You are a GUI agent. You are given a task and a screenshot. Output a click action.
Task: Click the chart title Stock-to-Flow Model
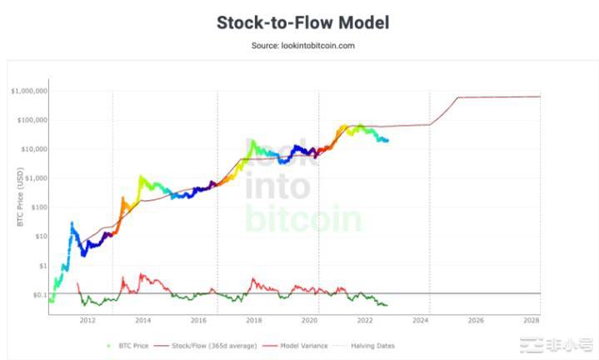tap(302, 22)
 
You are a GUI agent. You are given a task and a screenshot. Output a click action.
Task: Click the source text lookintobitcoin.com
tap(302, 45)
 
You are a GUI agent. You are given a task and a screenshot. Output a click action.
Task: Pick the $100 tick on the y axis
tap(39, 207)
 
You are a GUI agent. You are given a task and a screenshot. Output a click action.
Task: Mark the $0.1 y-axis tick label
tap(40, 295)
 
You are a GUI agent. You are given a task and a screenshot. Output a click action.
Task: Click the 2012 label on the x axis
tap(87, 320)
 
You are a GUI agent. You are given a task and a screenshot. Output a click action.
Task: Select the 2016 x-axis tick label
tap(198, 320)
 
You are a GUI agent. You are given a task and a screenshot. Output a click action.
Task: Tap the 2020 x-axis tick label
tap(310, 320)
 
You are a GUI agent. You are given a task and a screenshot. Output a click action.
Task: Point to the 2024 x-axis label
tap(421, 320)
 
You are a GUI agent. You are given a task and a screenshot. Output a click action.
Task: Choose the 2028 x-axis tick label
tap(532, 320)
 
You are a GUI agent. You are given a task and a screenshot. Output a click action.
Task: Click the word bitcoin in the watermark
tap(304, 218)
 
